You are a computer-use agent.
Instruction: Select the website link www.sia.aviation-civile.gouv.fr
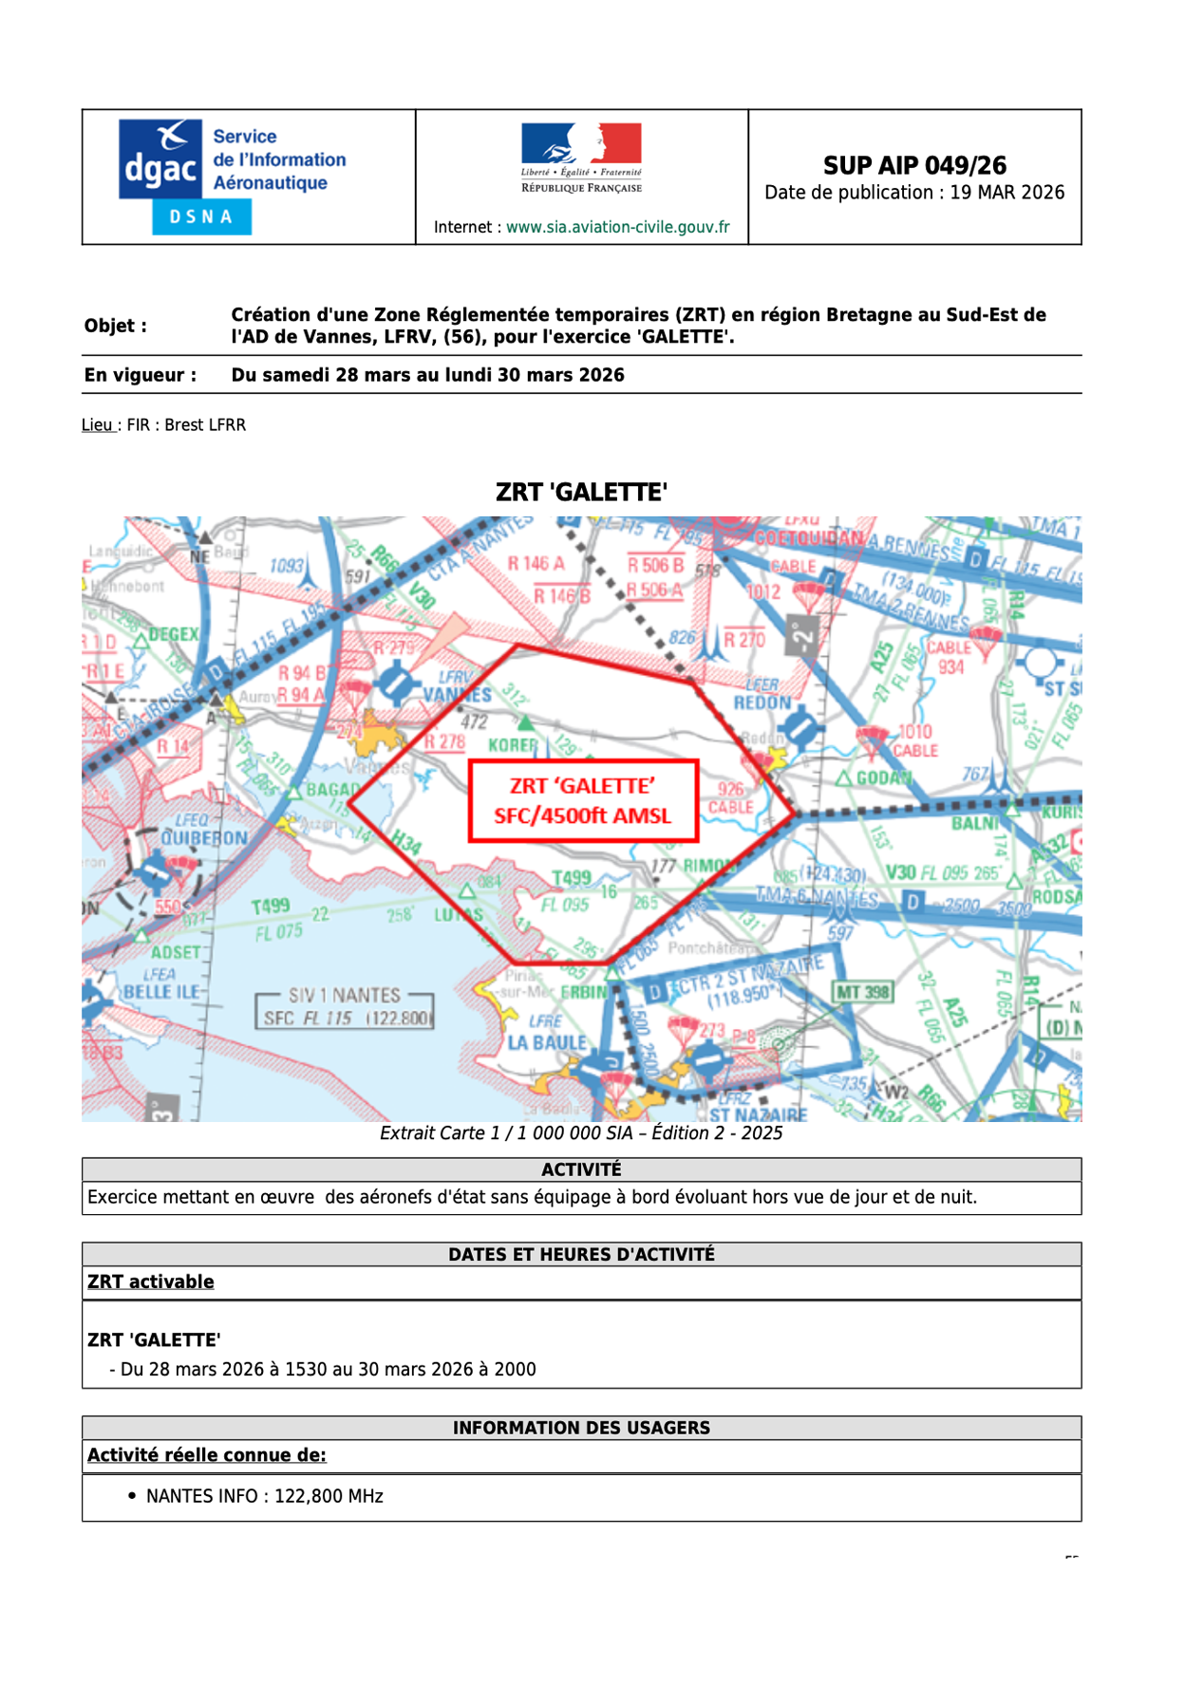[x=617, y=227]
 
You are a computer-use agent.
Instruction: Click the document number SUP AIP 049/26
[x=913, y=165]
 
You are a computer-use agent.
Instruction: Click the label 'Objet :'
[x=116, y=326]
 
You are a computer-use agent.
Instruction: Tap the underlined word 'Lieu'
[x=97, y=425]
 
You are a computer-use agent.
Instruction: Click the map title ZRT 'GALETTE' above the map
[x=581, y=492]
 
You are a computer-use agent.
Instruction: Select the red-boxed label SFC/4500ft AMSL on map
[x=582, y=815]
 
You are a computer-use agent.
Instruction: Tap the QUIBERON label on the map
[x=203, y=838]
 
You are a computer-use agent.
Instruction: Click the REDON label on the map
[x=762, y=702]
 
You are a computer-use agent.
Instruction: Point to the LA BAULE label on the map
[x=547, y=1042]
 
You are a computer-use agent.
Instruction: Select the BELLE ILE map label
[x=161, y=992]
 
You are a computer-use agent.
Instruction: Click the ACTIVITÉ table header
[x=581, y=1170]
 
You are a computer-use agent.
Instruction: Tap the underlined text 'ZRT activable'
[x=151, y=1282]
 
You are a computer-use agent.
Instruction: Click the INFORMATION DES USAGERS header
[x=581, y=1428]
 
